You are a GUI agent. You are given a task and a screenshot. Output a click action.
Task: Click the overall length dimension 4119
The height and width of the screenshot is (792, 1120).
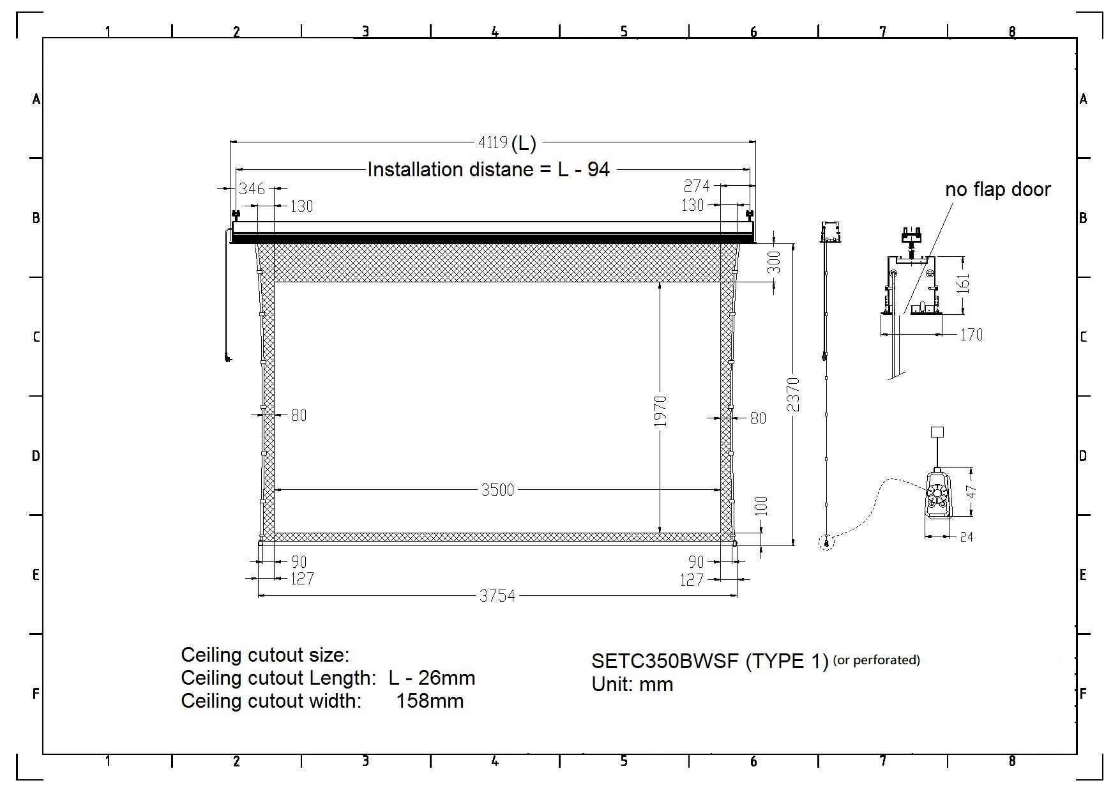[493, 142]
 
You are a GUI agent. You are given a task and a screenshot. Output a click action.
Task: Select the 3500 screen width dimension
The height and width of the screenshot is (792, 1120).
[497, 490]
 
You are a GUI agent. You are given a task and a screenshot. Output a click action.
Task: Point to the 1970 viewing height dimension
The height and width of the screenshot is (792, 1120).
[660, 411]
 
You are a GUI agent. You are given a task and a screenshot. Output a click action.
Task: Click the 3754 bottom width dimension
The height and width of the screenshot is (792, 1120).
[497, 596]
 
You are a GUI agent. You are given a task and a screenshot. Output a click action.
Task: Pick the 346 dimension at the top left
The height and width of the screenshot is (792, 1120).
[252, 188]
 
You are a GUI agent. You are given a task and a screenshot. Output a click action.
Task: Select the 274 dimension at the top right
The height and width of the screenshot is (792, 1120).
[697, 186]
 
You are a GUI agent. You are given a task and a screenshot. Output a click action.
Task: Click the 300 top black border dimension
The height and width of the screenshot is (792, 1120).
[774, 263]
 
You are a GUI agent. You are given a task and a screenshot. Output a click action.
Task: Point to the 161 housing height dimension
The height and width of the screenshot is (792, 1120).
[963, 283]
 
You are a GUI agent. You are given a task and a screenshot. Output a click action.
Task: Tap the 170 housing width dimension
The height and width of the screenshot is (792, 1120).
[971, 335]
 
